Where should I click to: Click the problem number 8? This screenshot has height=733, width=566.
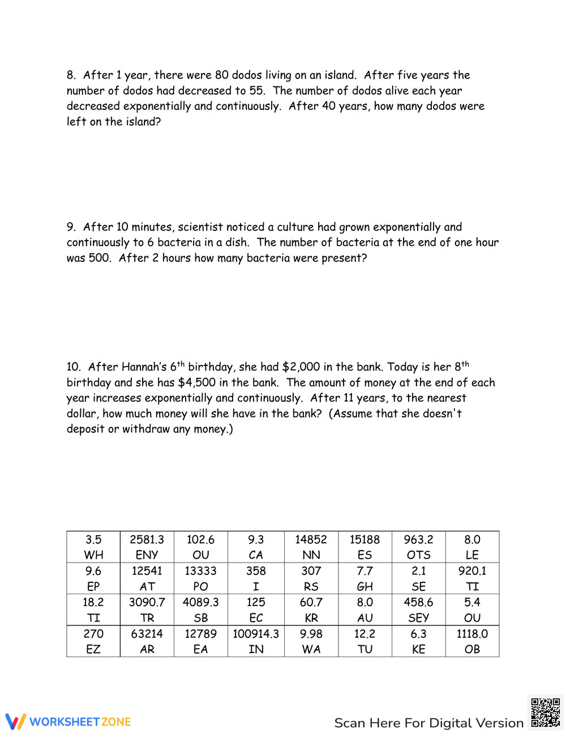point(71,75)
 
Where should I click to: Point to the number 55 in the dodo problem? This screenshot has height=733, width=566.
point(257,91)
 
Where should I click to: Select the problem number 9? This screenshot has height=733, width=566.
point(71,227)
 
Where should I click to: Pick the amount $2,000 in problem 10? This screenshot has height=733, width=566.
point(301,367)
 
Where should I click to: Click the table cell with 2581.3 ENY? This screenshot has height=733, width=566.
point(147,547)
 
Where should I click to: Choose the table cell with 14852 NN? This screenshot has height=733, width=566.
point(311,547)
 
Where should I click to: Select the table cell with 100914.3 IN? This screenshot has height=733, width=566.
point(256,641)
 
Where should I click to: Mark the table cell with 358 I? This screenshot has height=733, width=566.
point(256,578)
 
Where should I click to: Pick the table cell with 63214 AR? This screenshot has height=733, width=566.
point(147,641)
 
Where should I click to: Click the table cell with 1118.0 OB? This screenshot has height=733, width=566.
point(472,641)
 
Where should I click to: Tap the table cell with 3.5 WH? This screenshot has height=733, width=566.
point(93,547)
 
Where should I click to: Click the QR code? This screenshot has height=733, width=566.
point(546,713)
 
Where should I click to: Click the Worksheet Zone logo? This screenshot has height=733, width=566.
point(68,722)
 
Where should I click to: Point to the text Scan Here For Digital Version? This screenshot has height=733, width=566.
point(428,723)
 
